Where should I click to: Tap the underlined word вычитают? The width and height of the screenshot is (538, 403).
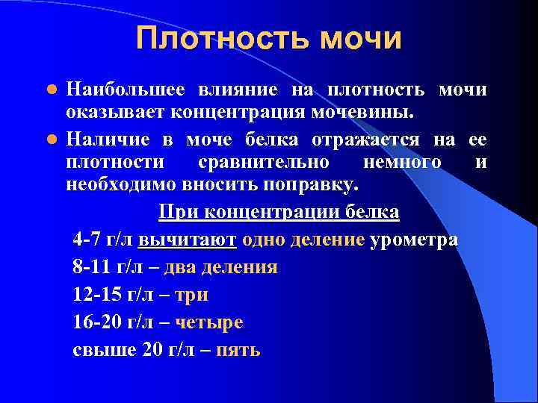pos(188,240)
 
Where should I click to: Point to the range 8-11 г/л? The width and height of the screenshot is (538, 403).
pos(109,267)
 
